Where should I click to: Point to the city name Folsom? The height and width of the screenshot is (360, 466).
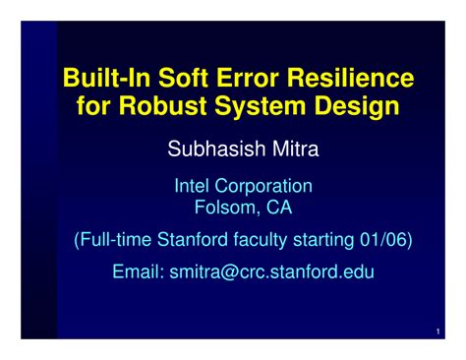coord(225,208)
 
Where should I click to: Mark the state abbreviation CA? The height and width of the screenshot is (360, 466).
coord(278,208)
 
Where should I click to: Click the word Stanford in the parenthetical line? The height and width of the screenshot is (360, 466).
coord(193,239)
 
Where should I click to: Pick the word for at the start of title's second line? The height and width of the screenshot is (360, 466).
coord(96,106)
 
